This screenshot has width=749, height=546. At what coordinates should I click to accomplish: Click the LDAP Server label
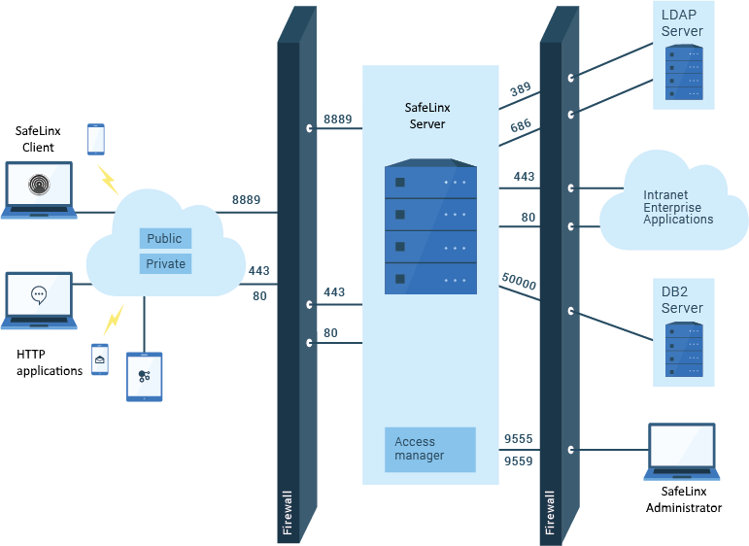682,23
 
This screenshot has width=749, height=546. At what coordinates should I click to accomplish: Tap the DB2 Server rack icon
683,349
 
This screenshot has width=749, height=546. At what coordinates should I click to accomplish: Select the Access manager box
429,449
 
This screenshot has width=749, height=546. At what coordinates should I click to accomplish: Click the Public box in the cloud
164,238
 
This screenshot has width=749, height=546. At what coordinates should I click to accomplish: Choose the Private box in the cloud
165,263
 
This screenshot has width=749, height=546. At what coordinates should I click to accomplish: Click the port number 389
520,90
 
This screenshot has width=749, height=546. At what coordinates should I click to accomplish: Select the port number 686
520,127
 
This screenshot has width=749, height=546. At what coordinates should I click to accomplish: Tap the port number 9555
518,439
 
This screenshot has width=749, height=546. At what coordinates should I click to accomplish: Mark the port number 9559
518,461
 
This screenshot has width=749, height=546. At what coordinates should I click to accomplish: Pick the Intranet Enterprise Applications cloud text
678,207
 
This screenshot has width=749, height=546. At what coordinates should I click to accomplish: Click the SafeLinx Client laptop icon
39,189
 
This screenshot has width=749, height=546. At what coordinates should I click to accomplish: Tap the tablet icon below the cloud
145,376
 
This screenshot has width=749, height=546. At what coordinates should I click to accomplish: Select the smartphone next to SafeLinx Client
95,139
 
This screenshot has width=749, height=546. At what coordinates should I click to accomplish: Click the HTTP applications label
50,363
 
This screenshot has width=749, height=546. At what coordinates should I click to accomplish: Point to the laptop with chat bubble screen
39,299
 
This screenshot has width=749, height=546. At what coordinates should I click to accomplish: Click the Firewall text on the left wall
287,512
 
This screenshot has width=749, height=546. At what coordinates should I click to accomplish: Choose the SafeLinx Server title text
427,116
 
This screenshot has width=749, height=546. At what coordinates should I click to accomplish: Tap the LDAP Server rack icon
683,72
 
